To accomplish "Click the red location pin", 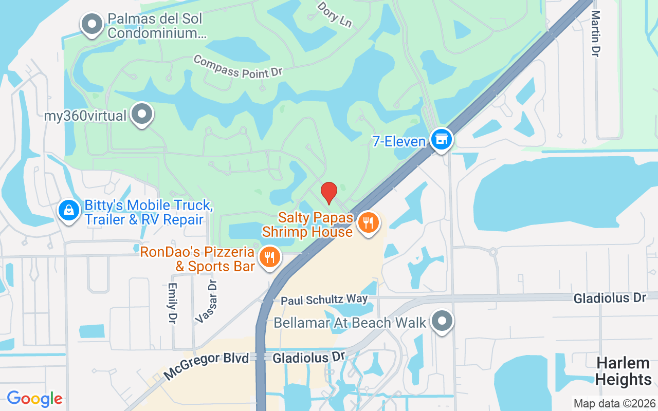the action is pos(329,193).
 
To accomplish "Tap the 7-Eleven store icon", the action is pos(441,139).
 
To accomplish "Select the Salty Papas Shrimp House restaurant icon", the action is pos(368,223).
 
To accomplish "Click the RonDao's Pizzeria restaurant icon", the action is pos(269,256).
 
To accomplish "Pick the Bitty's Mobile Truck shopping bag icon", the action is pos(68,210).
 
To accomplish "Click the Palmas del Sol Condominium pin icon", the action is pos(93,24).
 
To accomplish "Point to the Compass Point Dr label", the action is pos(238,67).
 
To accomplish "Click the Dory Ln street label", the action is pos(335,14).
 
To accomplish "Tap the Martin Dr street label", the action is pos(596,33).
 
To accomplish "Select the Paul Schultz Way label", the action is pos(324,300).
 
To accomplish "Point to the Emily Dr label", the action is pos(172,303).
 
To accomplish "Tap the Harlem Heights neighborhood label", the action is pos(624,371).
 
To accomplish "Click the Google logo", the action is pos(34,399).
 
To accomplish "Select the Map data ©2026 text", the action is pos(614,403).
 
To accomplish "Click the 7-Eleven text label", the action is pos(398,141).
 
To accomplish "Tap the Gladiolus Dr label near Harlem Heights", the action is pos(610,298).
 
